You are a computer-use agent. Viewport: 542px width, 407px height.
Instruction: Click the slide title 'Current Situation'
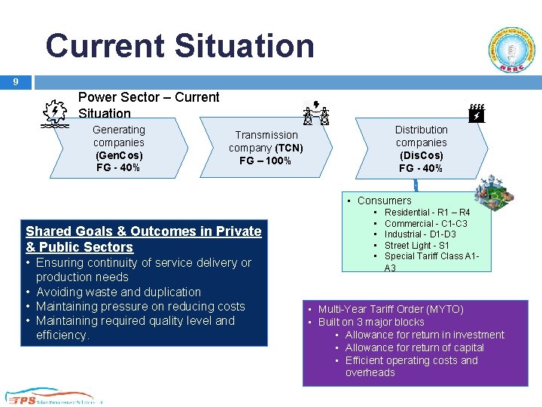[x=180, y=46]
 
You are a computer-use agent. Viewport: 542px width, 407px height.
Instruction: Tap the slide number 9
[x=15, y=81]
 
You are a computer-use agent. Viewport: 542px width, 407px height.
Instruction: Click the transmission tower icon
[x=317, y=113]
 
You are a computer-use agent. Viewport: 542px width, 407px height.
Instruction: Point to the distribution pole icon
[x=475, y=114]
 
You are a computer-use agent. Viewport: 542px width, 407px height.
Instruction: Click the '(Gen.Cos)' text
[x=119, y=155]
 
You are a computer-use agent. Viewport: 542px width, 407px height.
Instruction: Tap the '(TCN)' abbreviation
[x=289, y=148]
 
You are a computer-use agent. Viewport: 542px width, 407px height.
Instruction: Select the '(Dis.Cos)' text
[x=422, y=155]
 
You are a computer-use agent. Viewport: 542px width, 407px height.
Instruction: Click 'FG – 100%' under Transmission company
[x=265, y=161]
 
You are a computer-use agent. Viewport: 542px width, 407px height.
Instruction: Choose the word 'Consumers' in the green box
[x=384, y=200]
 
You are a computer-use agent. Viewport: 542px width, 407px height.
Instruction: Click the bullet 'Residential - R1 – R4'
[x=427, y=213]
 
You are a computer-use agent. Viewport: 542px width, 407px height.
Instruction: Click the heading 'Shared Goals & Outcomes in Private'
[x=144, y=231]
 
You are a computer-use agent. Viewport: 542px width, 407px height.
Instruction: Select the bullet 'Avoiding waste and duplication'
[x=118, y=292]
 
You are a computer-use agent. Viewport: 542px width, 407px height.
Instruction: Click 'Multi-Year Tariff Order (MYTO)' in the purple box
[x=391, y=309]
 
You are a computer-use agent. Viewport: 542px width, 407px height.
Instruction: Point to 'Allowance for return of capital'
[x=414, y=347]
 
